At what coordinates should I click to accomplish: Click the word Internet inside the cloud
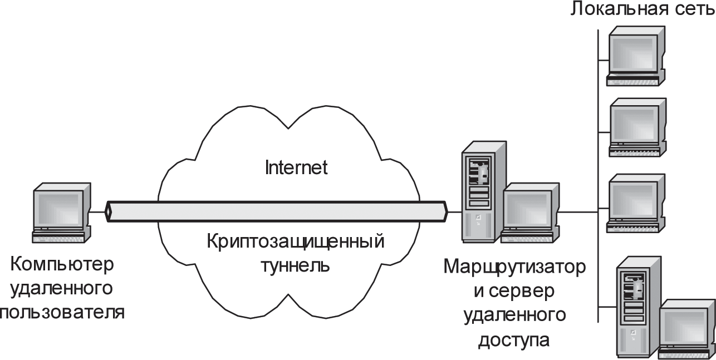coord(296,168)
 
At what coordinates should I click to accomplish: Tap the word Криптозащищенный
coord(295,243)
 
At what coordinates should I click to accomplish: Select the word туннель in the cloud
coord(296,265)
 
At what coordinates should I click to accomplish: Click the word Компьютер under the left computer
coord(62,264)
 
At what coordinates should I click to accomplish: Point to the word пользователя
coord(61,312)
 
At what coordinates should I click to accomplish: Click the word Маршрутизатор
coord(514,267)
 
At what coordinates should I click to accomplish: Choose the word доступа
coord(514,339)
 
